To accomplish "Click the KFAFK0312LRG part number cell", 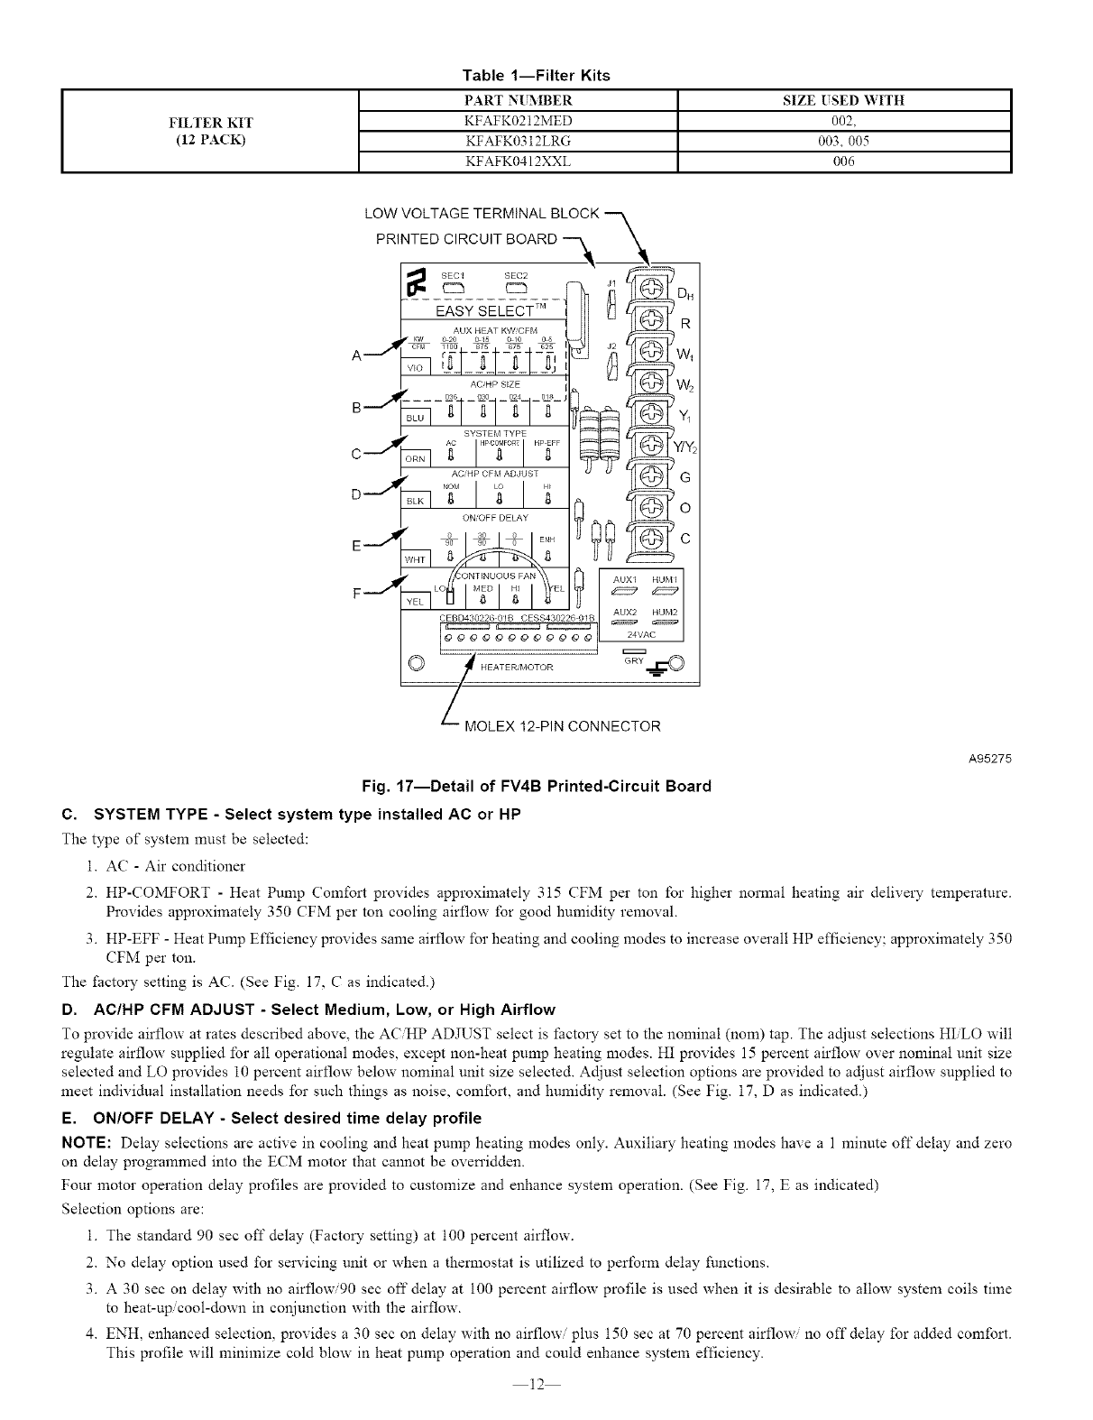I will click(x=518, y=141).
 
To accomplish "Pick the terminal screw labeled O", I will click(x=648, y=509).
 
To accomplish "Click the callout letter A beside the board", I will click(x=357, y=355).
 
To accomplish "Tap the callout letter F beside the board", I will click(x=357, y=594).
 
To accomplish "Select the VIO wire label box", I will click(x=415, y=368).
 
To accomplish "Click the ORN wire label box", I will click(x=415, y=459).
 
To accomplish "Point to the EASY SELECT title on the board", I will click(x=482, y=311).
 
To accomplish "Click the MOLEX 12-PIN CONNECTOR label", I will click(x=561, y=726).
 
